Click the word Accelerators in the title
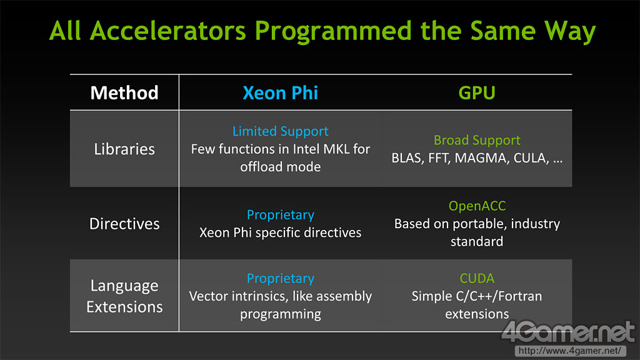(167, 31)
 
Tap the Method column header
(124, 92)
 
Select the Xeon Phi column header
(281, 92)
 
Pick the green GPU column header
(477, 92)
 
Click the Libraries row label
(124, 149)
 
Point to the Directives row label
(124, 224)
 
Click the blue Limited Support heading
(281, 131)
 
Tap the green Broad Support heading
(477, 140)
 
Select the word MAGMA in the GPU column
(481, 158)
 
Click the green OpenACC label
(477, 206)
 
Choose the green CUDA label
(477, 278)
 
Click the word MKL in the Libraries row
(336, 149)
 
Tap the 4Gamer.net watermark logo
(568, 332)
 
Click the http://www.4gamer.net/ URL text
(570, 351)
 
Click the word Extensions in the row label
(124, 307)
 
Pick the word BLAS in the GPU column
(407, 158)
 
